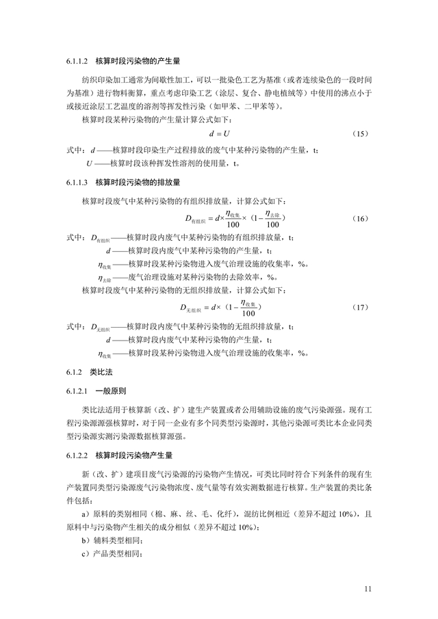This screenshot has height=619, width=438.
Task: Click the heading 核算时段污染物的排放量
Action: click(x=138, y=183)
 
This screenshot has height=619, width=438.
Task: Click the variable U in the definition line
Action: click(x=89, y=164)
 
